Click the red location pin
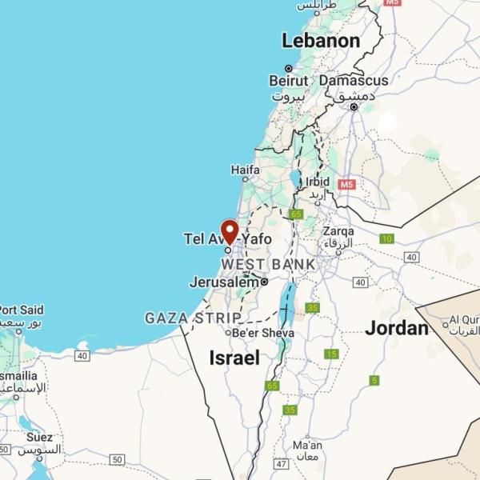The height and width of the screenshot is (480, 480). point(230,231)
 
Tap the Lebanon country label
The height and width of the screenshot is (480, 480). point(320,41)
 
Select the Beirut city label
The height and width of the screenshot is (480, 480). point(288,81)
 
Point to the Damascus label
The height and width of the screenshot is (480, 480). point(354,81)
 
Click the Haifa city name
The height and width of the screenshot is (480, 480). point(245,170)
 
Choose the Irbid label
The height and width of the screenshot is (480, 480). point(317,182)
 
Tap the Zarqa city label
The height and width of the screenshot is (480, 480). point(338,232)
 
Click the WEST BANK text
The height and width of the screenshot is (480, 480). point(268,264)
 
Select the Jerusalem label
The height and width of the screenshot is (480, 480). point(224,282)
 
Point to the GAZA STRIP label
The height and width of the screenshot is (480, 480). point(193,318)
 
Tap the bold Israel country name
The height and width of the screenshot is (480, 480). point(234,358)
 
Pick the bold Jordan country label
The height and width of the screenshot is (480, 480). point(397,328)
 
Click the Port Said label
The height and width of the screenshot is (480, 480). point(22,310)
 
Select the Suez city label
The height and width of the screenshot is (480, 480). point(39,438)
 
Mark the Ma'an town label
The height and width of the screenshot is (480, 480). point(307,445)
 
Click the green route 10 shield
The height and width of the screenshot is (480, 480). point(387,238)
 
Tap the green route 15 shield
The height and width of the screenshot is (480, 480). point(331,354)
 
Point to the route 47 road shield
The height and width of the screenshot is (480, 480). point(280,463)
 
